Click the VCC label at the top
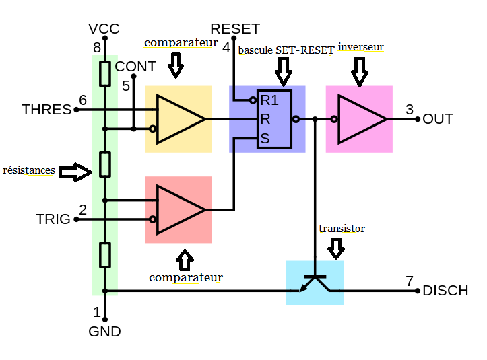click(x=104, y=29)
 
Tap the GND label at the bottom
click(x=105, y=331)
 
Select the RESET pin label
click(x=234, y=29)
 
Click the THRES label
click(x=46, y=110)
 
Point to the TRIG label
click(x=53, y=219)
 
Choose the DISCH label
click(x=445, y=291)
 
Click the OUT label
click(x=438, y=119)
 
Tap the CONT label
click(x=135, y=67)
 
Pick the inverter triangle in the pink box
click(x=361, y=119)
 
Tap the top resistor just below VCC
click(x=105, y=74)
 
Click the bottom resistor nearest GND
click(x=105, y=255)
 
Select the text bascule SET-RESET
click(x=286, y=50)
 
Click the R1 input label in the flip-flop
click(x=269, y=101)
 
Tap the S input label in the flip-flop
click(x=265, y=139)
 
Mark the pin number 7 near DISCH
click(x=410, y=281)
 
